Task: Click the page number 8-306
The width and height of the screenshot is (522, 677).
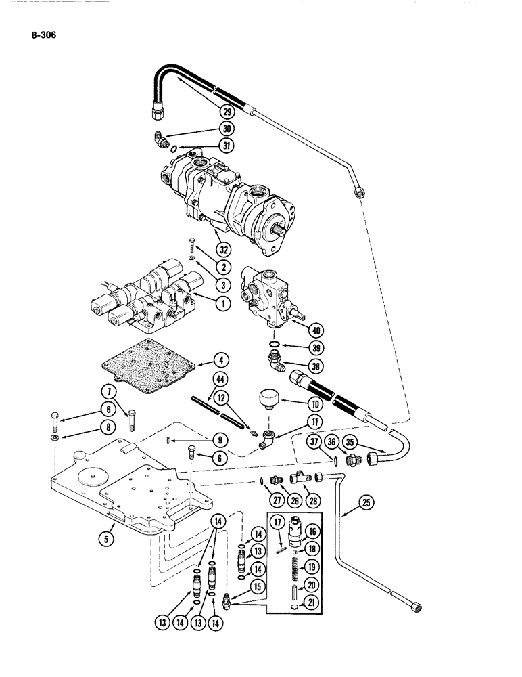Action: click(x=42, y=30)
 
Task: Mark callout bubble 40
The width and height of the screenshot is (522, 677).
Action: click(x=314, y=331)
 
